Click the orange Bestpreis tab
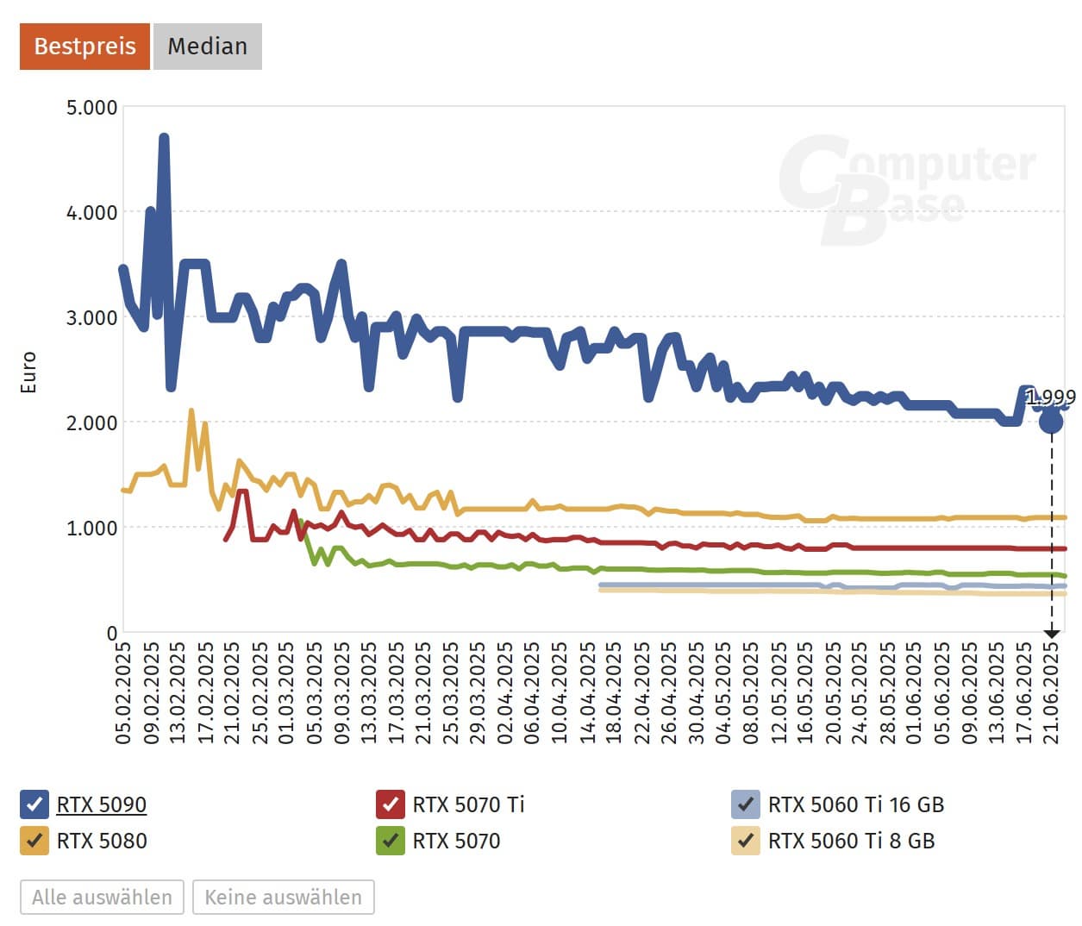[84, 46]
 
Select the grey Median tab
[207, 46]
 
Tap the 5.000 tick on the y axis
[91, 108]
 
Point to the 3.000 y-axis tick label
[91, 317]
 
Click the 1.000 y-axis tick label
[91, 528]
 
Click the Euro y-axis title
[28, 372]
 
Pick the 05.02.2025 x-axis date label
[123, 692]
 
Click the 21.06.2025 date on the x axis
[1051, 692]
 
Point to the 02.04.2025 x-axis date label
[504, 692]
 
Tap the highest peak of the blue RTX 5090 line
[164, 137]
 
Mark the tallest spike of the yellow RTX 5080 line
[191, 411]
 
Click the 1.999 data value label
[1050, 397]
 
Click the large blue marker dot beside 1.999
[1051, 422]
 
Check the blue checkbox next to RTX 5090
[34, 804]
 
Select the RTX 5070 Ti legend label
[468, 804]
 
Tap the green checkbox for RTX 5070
[391, 841]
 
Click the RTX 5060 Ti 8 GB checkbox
[746, 841]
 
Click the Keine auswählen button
[283, 897]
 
